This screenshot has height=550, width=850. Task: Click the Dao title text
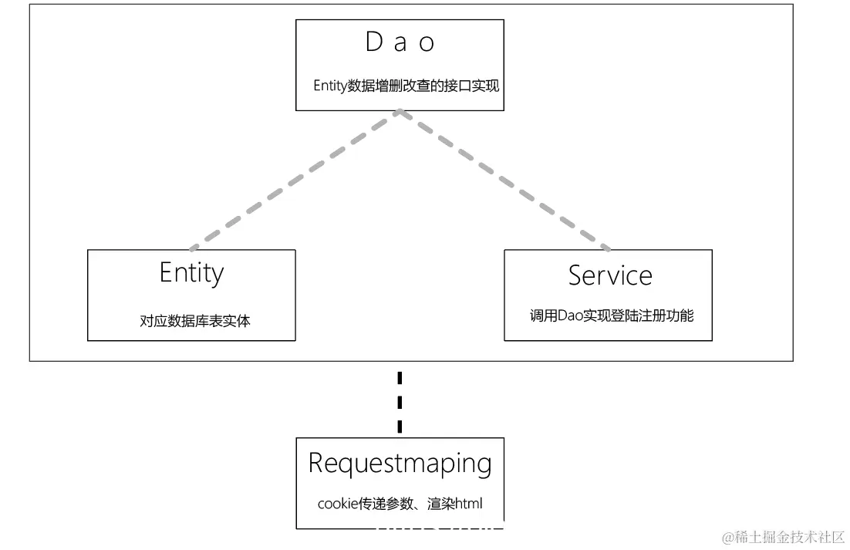(400, 43)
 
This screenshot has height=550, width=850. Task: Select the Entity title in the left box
(191, 273)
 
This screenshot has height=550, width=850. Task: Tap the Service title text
(609, 275)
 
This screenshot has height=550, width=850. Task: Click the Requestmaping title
(400, 463)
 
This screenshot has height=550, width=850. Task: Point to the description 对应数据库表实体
(194, 321)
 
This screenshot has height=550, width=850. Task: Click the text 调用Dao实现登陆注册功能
(611, 315)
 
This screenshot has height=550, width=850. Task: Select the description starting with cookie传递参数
(400, 504)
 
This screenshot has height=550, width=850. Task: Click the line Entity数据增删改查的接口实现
(406, 86)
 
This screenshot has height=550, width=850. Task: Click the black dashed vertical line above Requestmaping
(400, 403)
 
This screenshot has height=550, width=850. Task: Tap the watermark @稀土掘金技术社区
(783, 537)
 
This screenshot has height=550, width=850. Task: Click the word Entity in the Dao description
(330, 86)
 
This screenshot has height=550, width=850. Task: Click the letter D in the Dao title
(374, 43)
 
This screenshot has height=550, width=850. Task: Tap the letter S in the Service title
(575, 275)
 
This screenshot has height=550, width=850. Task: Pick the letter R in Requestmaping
(316, 463)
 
